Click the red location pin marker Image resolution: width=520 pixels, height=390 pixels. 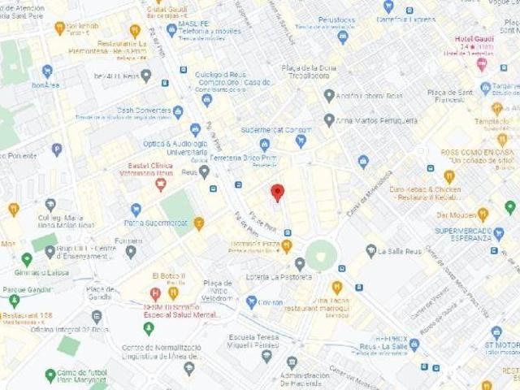pos(277,193)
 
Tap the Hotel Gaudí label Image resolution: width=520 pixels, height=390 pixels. pos(475,39)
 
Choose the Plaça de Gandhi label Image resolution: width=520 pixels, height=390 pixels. pos(100,293)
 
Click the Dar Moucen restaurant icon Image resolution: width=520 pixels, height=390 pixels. pos(483,214)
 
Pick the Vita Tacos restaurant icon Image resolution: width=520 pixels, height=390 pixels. pos(336,288)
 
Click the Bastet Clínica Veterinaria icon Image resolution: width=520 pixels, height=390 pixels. pos(161,184)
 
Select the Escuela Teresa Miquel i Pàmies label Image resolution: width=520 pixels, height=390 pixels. pos(249,340)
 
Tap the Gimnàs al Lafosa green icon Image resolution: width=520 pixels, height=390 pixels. pos(27,260)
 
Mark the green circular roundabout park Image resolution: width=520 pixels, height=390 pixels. pos(321,255)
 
